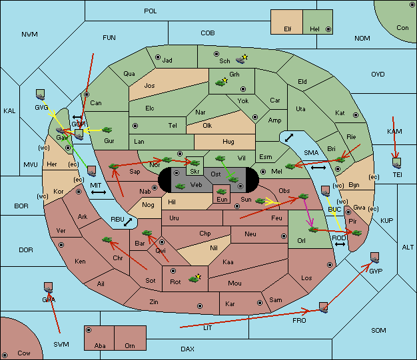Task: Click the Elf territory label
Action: (288, 29)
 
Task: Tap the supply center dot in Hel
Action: (328, 29)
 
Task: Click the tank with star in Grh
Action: (220, 83)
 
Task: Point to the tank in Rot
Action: (194, 279)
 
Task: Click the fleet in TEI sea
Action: (397, 163)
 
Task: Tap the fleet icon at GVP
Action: (375, 258)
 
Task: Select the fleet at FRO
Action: (323, 307)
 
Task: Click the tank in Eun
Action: (221, 192)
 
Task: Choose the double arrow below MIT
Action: (99, 192)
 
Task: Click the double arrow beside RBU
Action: (128, 222)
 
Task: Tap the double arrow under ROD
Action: (340, 244)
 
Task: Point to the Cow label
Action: (24, 353)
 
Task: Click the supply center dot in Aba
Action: (89, 330)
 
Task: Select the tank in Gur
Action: (107, 130)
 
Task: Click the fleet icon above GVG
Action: (40, 94)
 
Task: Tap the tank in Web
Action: (180, 186)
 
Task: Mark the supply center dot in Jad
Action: (158, 57)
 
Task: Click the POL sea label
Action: (151, 11)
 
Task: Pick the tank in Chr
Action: (107, 240)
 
